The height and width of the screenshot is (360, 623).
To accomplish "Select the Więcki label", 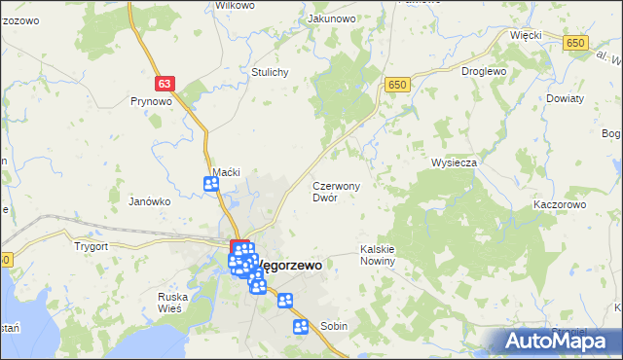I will click(525, 35).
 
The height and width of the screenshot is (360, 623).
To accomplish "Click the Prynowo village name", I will click(151, 100).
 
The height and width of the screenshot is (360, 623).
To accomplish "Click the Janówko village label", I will click(150, 201).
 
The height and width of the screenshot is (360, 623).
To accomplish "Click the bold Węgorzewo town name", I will click(288, 265).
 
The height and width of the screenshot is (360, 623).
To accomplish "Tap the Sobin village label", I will click(334, 327).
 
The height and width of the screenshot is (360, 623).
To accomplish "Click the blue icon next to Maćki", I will click(211, 184).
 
